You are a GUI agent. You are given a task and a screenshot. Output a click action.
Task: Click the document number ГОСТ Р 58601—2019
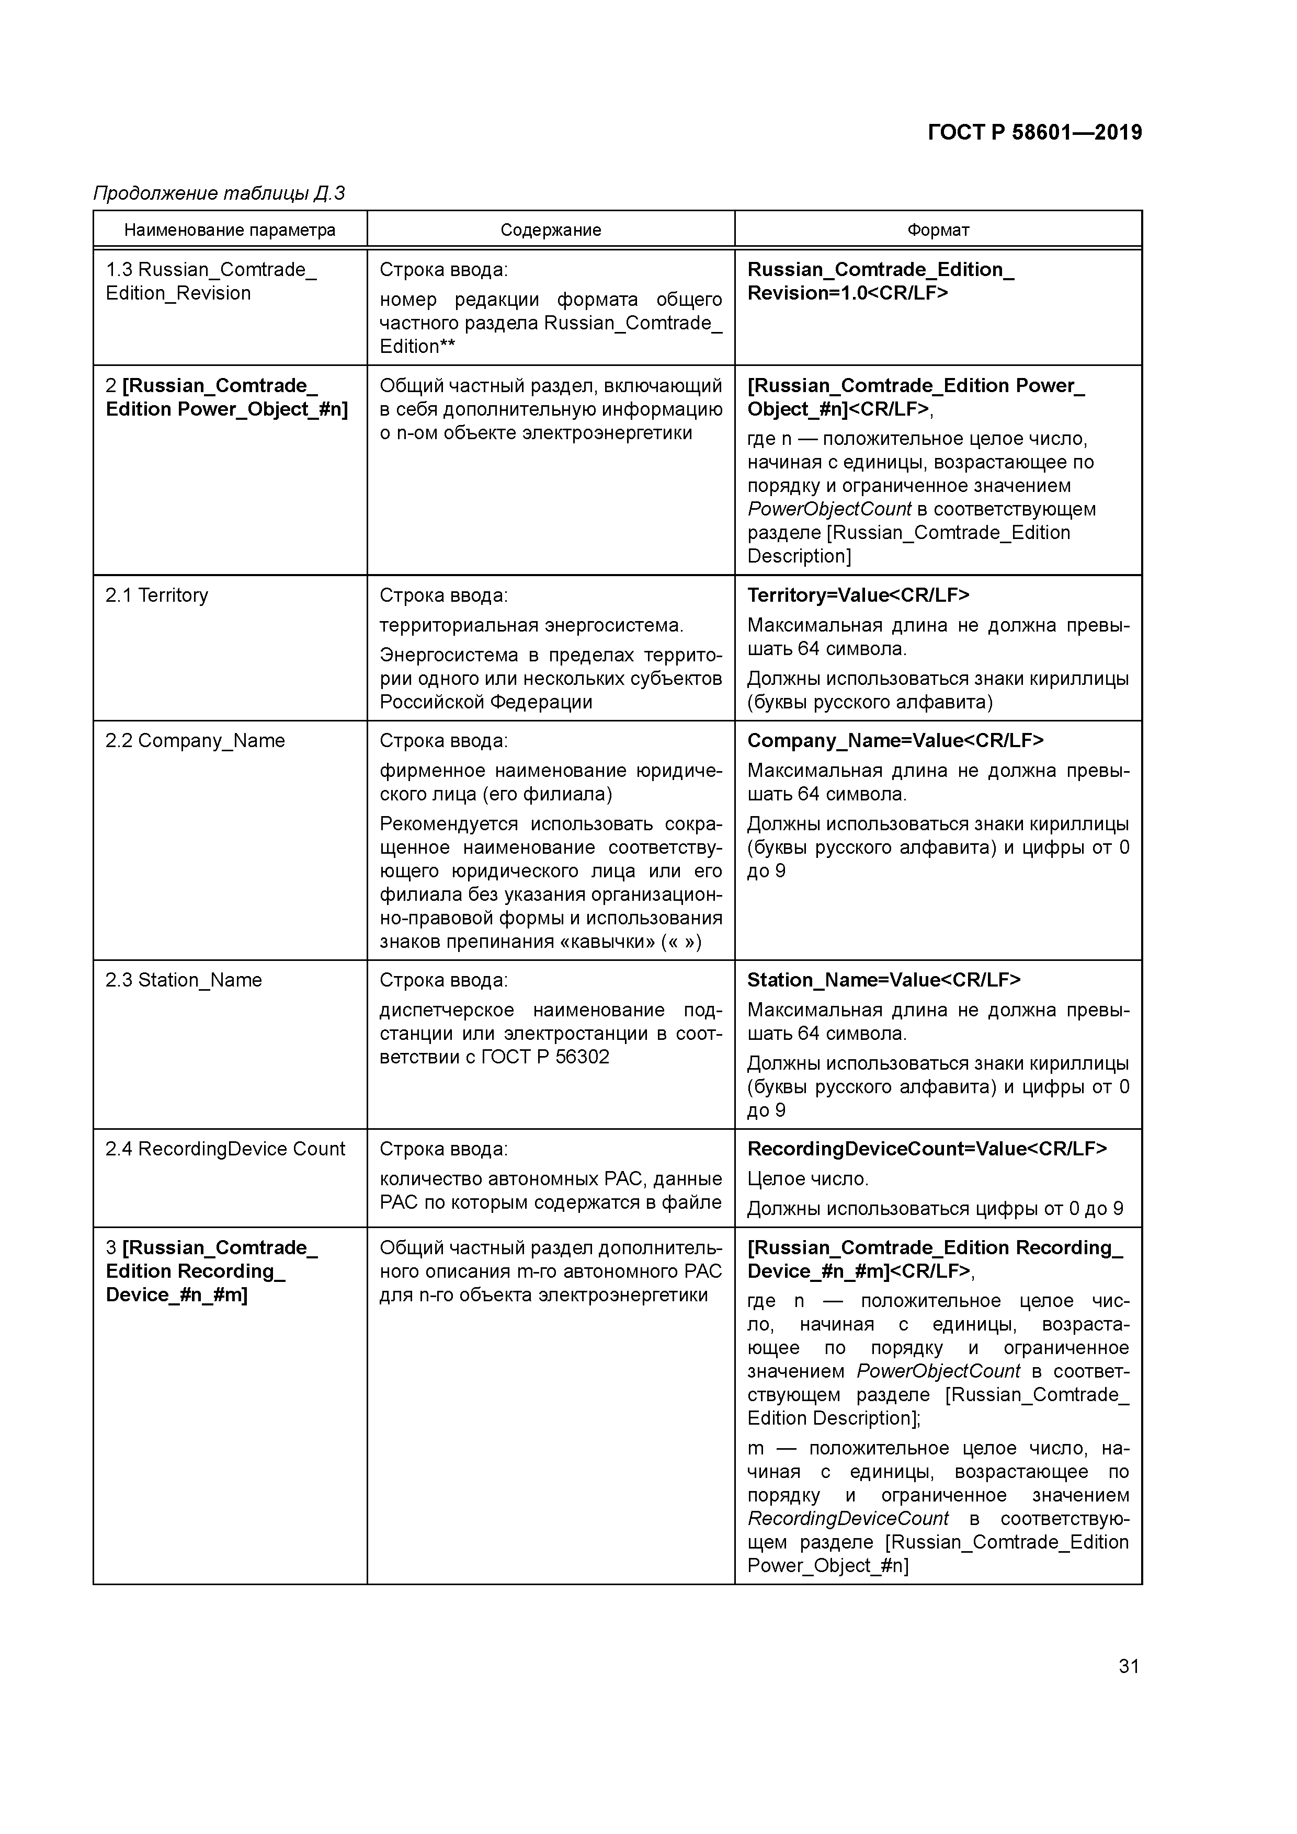click(x=1035, y=133)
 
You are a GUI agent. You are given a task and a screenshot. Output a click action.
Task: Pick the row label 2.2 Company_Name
click(x=195, y=741)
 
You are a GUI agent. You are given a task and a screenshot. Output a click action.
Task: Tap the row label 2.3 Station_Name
click(x=184, y=981)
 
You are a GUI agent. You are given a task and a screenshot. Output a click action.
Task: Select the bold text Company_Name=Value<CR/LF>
click(x=895, y=741)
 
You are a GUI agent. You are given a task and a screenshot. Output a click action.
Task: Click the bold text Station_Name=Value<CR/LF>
click(x=884, y=981)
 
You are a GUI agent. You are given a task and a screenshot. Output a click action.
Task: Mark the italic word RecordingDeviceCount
click(x=848, y=1518)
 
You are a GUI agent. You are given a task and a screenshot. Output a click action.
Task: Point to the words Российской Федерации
click(x=486, y=703)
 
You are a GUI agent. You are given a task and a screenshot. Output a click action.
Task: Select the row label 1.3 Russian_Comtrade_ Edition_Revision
click(x=211, y=282)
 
